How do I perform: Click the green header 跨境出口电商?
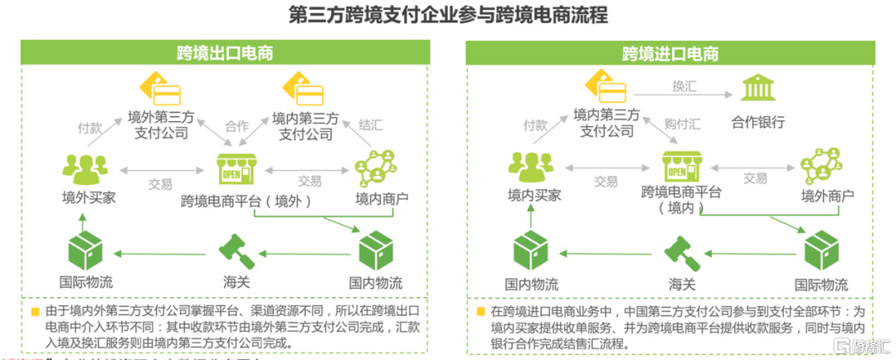pos(225,54)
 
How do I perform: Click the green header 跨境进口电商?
pos(670,54)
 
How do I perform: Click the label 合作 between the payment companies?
pos(237,127)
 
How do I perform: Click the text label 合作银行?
pos(757,123)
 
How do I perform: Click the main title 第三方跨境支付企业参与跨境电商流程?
pos(447,16)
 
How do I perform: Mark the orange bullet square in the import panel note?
pos(482,312)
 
